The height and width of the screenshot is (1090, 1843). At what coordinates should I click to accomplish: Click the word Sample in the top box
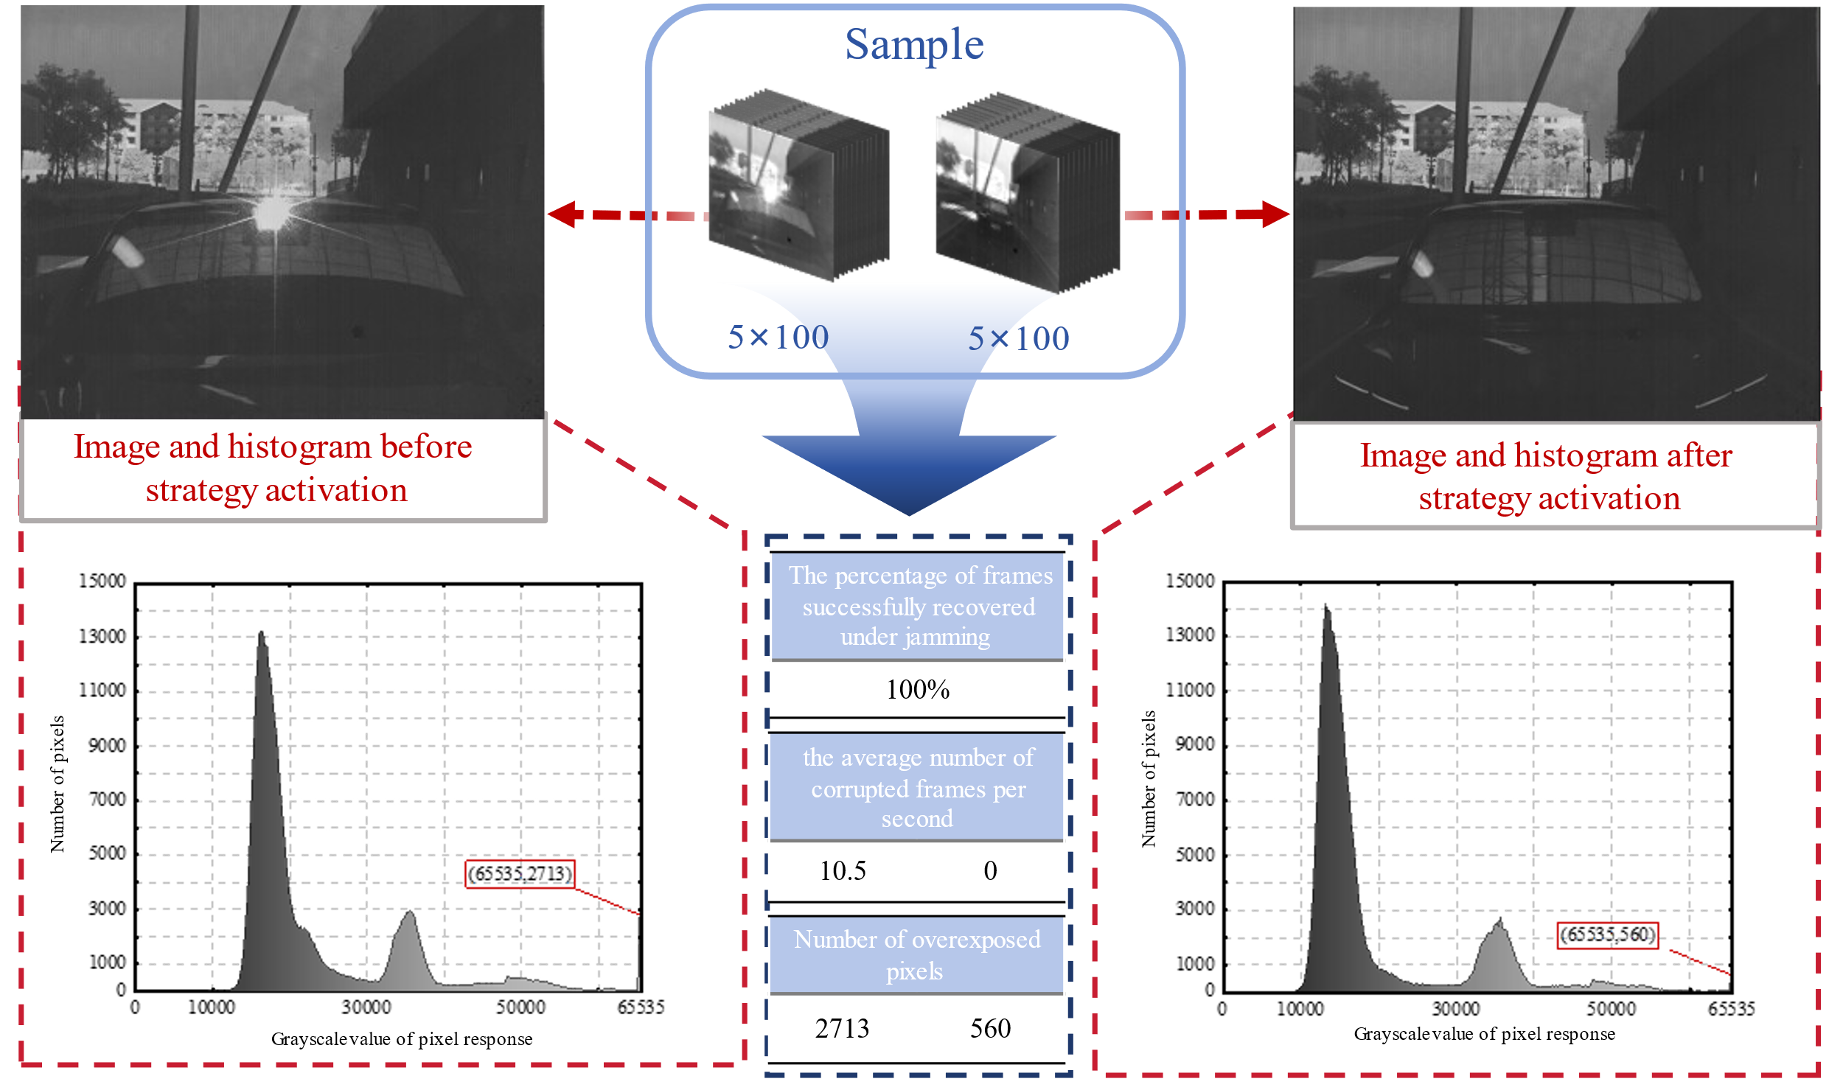click(x=914, y=44)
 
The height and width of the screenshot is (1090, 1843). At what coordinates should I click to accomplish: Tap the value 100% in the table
click(x=917, y=690)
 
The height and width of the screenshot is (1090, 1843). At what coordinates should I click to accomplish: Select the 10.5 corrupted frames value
click(x=843, y=871)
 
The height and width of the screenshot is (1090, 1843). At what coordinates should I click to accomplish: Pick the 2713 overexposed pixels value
click(x=842, y=1029)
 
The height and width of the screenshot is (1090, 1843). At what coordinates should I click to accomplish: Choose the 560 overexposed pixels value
click(x=990, y=1029)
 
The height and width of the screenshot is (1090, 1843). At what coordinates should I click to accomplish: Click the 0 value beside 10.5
click(x=990, y=871)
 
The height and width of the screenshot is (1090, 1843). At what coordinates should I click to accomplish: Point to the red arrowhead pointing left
click(x=564, y=214)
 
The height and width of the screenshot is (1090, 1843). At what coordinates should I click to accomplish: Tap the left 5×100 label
click(x=778, y=338)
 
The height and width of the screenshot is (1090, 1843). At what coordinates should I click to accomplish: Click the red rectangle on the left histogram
click(x=520, y=874)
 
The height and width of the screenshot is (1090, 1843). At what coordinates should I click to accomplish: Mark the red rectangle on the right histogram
click(x=1607, y=936)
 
